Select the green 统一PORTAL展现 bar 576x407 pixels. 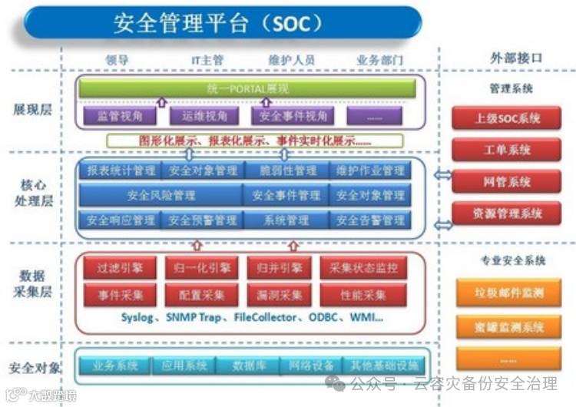tap(247, 88)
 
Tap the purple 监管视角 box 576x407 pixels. tap(119, 116)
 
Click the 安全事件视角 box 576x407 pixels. tap(293, 116)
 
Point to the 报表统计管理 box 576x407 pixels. tap(121, 170)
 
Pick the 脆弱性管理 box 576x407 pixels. tap(289, 170)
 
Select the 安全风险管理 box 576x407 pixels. tap(161, 195)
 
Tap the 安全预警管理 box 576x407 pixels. tap(203, 220)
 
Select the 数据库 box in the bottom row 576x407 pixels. tap(249, 366)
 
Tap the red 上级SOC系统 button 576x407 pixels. tap(506, 118)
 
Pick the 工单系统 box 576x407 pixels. tap(506, 150)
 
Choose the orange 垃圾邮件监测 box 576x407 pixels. tap(506, 293)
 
